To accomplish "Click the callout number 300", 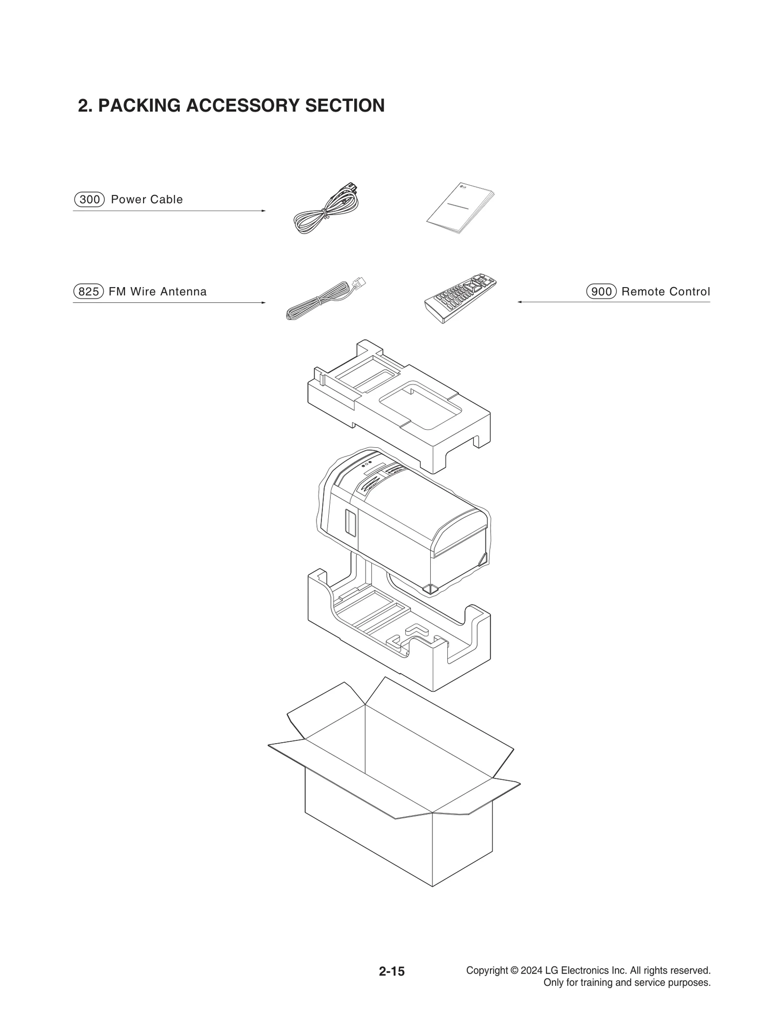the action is click(x=89, y=199).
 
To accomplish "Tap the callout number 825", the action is click(x=89, y=292).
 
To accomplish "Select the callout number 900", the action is click(x=601, y=292).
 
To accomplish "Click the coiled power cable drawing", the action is click(x=325, y=210).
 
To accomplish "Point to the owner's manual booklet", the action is click(x=459, y=208).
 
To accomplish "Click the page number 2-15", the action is click(x=392, y=971).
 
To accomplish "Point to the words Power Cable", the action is click(x=147, y=199).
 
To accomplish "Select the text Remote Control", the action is click(x=665, y=292).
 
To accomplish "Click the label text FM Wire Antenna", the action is click(x=157, y=292).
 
